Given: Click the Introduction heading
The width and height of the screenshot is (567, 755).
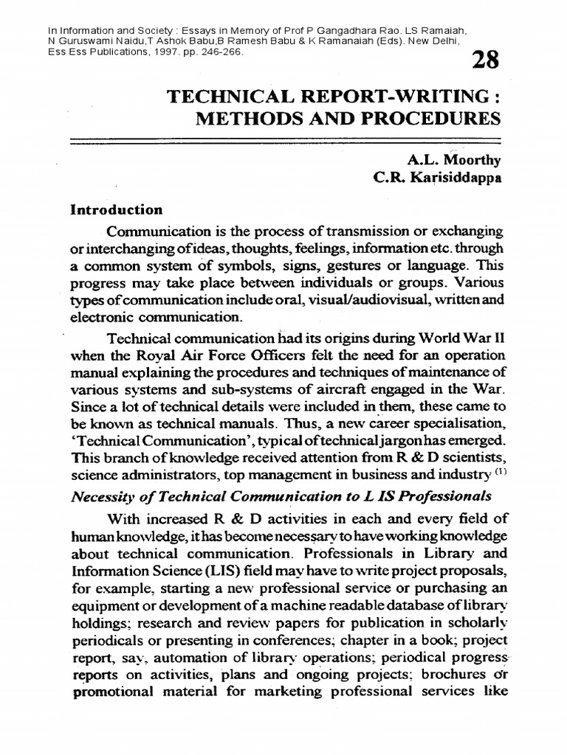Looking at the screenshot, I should [x=116, y=209].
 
